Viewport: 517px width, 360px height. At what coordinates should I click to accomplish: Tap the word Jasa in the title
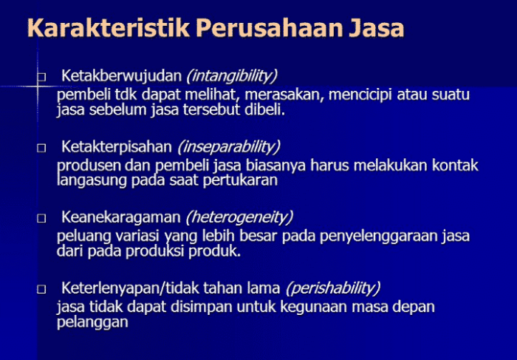point(376,29)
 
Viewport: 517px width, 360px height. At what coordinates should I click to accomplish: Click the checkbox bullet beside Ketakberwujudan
point(41,77)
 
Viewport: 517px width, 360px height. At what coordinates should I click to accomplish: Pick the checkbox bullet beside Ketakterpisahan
point(41,148)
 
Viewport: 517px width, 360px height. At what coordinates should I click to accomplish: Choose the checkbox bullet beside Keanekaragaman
point(41,219)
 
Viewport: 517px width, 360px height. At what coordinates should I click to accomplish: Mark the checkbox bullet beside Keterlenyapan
point(41,289)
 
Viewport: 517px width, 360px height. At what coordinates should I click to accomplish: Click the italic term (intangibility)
point(232,75)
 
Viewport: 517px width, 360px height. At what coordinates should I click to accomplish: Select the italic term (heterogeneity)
point(240,217)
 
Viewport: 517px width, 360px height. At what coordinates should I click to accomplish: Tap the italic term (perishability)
point(333,288)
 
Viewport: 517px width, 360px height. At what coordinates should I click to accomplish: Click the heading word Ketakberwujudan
point(122,75)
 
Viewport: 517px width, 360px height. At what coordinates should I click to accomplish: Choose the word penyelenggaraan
point(397,236)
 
